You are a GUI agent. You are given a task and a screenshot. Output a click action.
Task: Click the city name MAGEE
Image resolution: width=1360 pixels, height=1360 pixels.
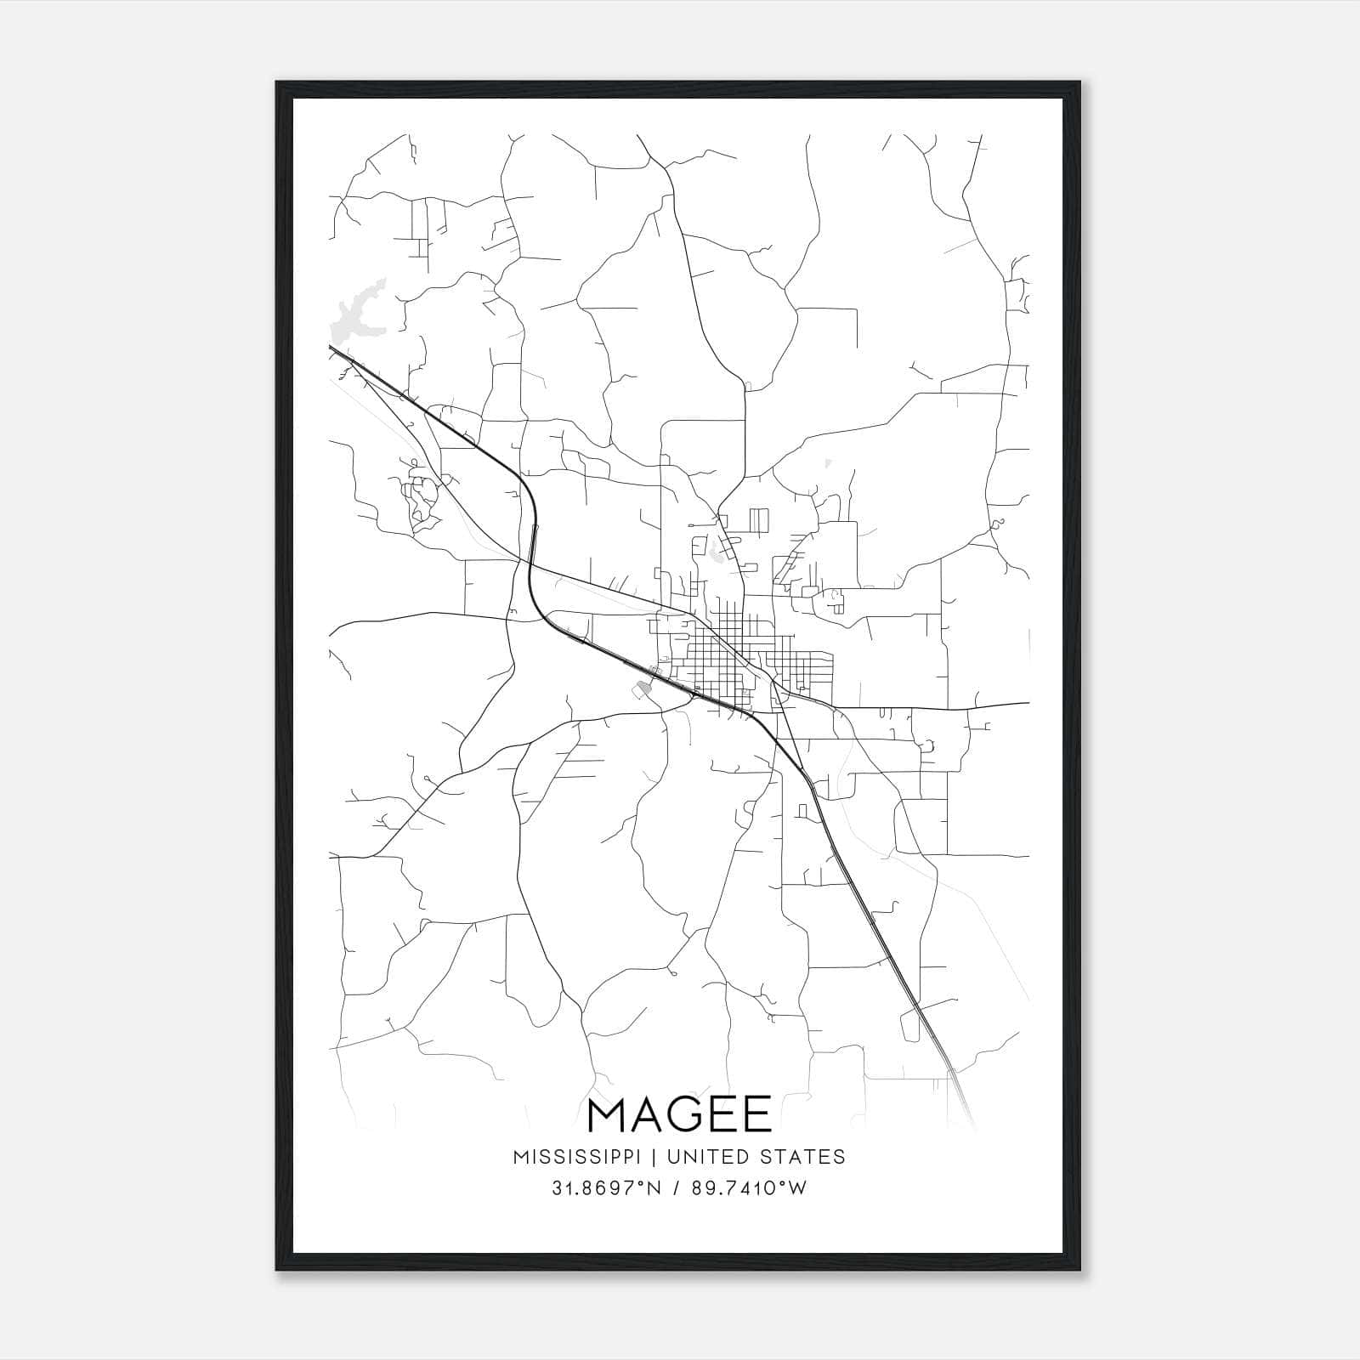point(679,1115)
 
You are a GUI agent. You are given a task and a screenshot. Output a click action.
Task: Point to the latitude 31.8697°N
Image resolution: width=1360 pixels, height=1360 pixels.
point(606,1188)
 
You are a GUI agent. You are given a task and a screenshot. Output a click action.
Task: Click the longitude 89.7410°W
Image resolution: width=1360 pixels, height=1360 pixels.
point(747,1188)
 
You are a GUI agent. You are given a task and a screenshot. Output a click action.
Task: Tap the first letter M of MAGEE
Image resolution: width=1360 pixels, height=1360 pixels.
point(608,1115)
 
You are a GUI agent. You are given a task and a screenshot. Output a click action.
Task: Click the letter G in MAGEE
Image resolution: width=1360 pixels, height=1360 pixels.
point(684,1115)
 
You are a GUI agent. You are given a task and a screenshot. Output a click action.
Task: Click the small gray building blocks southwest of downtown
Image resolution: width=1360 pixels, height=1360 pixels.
point(641,690)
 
